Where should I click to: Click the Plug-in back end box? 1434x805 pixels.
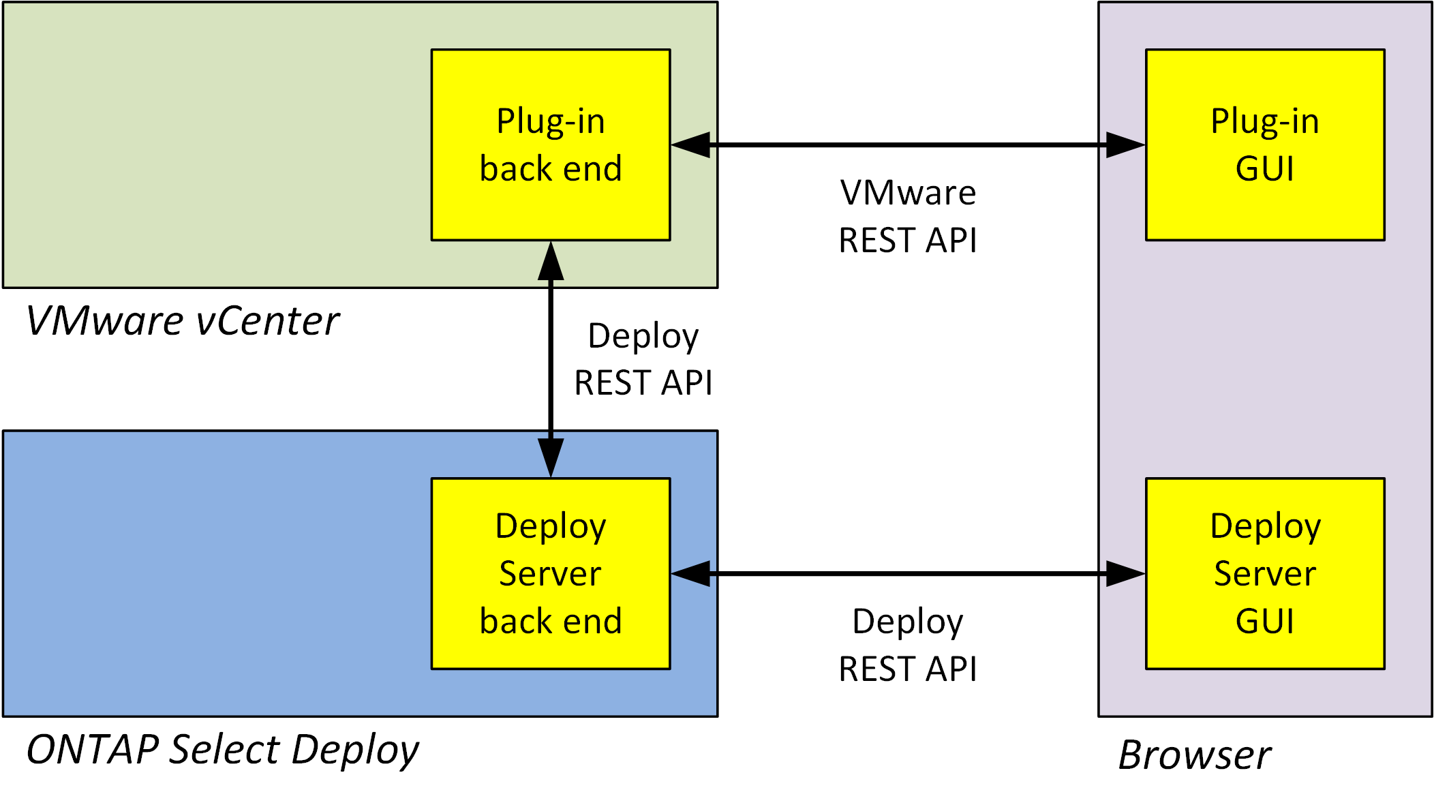click(x=551, y=145)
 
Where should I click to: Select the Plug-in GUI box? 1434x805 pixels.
click(x=1265, y=145)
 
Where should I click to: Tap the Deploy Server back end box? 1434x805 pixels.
click(x=551, y=573)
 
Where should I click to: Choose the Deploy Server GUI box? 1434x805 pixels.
click(x=1265, y=573)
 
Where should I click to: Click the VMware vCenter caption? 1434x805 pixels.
click(x=182, y=321)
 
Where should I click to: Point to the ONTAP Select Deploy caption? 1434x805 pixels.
click(x=222, y=750)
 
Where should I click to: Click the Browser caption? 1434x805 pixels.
click(x=1194, y=755)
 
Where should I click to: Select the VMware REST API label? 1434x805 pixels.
click(x=908, y=216)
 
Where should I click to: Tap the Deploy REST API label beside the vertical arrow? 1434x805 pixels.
click(x=643, y=359)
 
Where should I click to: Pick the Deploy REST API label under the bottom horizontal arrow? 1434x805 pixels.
click(x=908, y=645)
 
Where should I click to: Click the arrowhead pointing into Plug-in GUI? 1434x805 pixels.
click(x=1126, y=145)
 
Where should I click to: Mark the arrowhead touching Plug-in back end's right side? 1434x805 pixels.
click(x=690, y=145)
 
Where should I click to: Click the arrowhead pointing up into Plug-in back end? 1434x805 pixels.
click(x=551, y=261)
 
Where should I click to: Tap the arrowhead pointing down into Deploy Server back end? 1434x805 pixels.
click(x=551, y=457)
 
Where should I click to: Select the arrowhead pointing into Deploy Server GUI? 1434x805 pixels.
click(x=1126, y=574)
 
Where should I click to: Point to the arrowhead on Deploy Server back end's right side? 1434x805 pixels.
click(x=690, y=574)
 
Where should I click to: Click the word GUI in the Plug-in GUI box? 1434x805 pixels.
click(x=1265, y=168)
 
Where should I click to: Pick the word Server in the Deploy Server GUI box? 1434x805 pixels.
click(x=1265, y=573)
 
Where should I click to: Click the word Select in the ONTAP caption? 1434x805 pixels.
click(x=224, y=750)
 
